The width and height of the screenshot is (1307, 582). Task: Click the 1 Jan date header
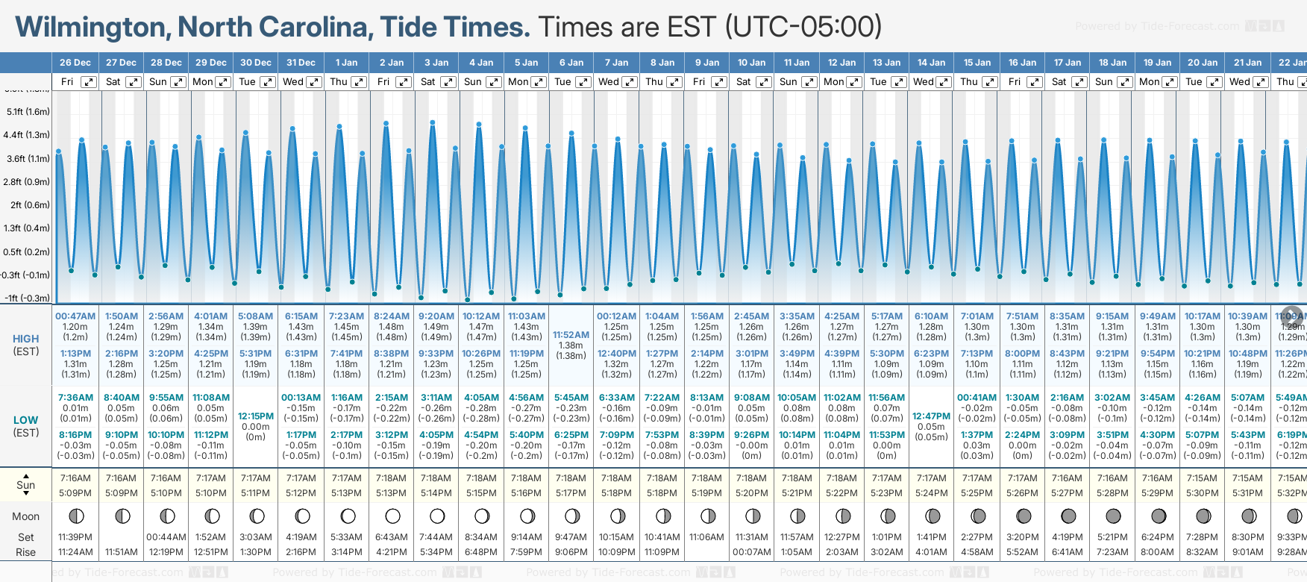(x=346, y=63)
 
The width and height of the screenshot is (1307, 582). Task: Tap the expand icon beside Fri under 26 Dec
(x=89, y=82)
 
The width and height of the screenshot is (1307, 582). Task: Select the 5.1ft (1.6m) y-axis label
(x=28, y=112)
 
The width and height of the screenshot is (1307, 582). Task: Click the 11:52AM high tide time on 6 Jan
(x=571, y=335)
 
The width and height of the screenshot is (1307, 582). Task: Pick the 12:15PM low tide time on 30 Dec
(x=256, y=416)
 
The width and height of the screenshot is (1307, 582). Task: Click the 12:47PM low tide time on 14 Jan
(x=931, y=416)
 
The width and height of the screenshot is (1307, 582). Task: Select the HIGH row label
(x=26, y=339)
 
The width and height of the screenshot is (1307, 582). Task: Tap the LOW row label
(x=26, y=420)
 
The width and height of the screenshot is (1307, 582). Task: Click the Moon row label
(x=26, y=516)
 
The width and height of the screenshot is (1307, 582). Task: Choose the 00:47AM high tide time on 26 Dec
(x=75, y=316)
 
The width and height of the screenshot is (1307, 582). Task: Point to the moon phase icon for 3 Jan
(x=437, y=516)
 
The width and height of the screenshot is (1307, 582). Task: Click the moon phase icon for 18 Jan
(x=1113, y=516)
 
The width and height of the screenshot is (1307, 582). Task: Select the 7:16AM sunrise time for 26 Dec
(x=75, y=478)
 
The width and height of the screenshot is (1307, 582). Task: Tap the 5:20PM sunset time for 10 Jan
(x=751, y=493)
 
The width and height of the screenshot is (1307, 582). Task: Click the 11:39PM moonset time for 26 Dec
(x=75, y=537)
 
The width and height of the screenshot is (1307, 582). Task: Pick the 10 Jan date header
(x=751, y=63)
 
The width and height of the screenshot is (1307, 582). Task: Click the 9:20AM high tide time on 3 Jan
(x=436, y=316)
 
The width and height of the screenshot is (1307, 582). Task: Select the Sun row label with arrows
(x=26, y=485)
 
